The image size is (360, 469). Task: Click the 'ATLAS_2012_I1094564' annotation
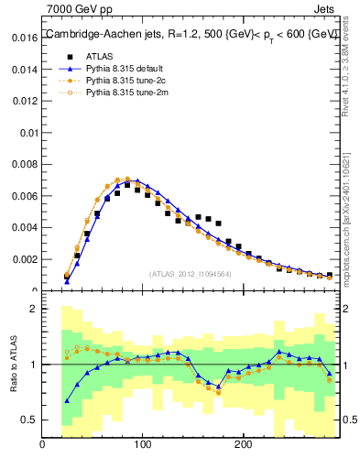click(191, 273)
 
